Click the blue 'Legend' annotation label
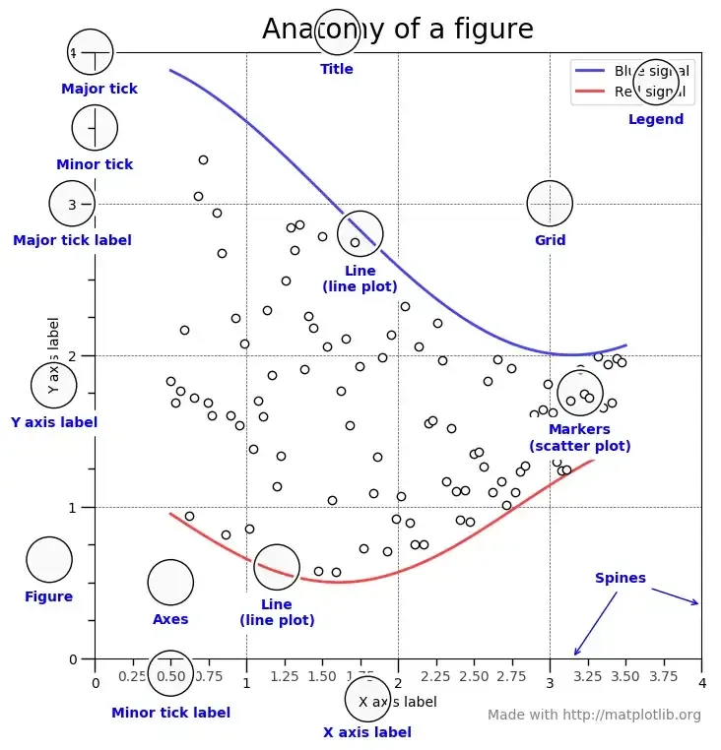point(655,119)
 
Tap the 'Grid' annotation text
point(550,240)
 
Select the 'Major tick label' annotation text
point(72,240)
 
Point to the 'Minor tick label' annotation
point(170,713)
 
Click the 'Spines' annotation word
point(621,578)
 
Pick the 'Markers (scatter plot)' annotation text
point(579,437)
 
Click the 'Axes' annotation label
point(170,619)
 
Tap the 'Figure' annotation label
point(48,596)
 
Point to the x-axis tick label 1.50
point(322,677)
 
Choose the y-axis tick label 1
point(73,507)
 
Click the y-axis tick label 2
point(73,355)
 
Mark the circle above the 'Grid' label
point(550,204)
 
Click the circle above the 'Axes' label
point(170,582)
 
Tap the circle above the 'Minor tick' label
point(95,128)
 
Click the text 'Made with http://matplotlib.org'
point(594,716)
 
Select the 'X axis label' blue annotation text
point(367,732)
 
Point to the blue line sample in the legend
point(590,72)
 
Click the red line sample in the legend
point(590,92)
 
